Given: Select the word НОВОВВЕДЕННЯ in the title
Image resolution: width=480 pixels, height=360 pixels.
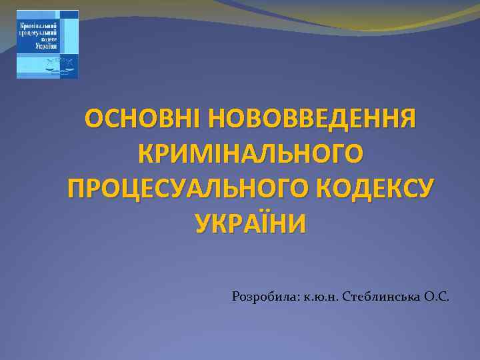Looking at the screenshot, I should pyautogui.click(x=311, y=120).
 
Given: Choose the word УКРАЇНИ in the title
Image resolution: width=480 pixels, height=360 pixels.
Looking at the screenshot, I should pyautogui.click(x=251, y=222).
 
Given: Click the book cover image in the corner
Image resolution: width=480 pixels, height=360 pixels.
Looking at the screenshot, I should pyautogui.click(x=47, y=44).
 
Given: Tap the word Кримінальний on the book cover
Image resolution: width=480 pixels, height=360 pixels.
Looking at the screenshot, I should pyautogui.click(x=37, y=24).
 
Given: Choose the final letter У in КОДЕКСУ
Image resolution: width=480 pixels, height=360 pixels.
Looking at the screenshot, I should pyautogui.click(x=421, y=188).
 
